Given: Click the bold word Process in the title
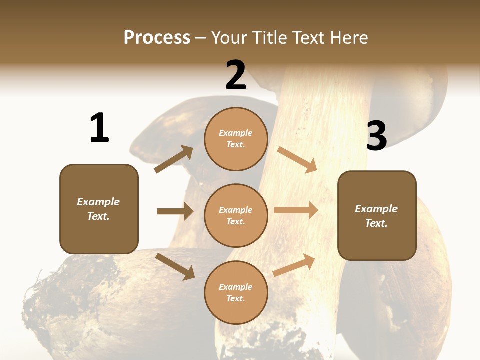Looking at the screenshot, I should [157, 37].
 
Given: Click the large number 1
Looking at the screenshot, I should [99, 128].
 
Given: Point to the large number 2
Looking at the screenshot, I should [236, 75].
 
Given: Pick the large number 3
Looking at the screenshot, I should [376, 136].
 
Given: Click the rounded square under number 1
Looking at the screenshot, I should [99, 209].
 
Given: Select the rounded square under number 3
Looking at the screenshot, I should [377, 215].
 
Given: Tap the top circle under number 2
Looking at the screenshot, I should [236, 139].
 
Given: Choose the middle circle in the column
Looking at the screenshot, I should [236, 215].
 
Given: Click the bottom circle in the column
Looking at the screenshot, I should [236, 292].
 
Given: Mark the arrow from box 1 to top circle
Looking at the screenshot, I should [174, 159].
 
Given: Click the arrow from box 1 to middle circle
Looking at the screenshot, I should [175, 211].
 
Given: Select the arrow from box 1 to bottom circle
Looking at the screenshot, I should [175, 266].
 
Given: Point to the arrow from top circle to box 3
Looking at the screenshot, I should [297, 159].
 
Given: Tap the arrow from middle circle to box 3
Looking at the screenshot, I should [296, 210].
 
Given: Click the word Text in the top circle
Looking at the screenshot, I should [235, 145].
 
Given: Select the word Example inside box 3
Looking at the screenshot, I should [376, 209].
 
